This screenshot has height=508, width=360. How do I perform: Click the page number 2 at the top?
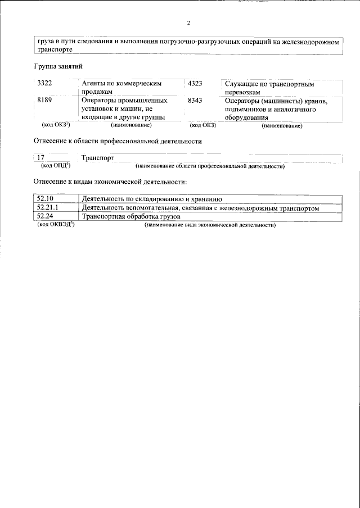click(189, 23)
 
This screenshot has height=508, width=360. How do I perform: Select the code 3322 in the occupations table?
click(44, 84)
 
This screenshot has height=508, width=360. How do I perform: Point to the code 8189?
click(44, 101)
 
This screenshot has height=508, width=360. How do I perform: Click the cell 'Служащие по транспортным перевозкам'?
click(268, 88)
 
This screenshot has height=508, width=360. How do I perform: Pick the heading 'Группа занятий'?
click(56, 66)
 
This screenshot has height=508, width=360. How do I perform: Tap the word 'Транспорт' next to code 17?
click(98, 158)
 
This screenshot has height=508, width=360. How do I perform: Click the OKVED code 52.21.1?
click(47, 208)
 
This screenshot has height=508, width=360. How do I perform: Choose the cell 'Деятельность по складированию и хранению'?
click(152, 199)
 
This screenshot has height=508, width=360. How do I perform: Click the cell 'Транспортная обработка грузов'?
click(130, 216)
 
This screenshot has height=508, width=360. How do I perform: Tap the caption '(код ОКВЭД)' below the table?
click(56, 224)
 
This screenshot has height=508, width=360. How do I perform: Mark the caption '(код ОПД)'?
click(55, 166)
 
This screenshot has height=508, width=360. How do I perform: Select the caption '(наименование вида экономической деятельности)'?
click(210, 225)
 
